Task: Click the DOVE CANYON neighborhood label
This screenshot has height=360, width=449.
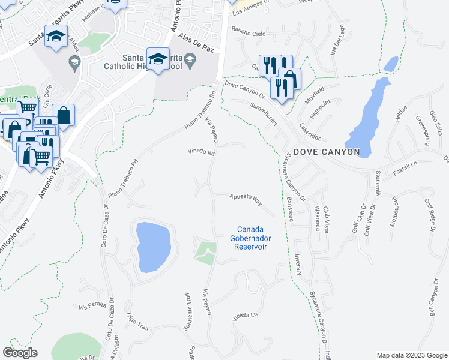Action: [327, 152]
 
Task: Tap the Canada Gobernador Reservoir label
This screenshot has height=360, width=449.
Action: [250, 238]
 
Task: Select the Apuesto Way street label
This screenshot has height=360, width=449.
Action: [246, 199]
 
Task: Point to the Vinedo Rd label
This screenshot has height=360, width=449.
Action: [201, 152]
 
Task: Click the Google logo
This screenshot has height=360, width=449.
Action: [20, 353]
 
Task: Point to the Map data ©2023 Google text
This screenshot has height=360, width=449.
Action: [411, 355]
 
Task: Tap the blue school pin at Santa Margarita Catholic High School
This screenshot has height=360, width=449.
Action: [158, 59]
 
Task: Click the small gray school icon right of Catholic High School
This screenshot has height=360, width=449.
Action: [190, 59]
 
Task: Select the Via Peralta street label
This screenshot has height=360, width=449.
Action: [92, 306]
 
